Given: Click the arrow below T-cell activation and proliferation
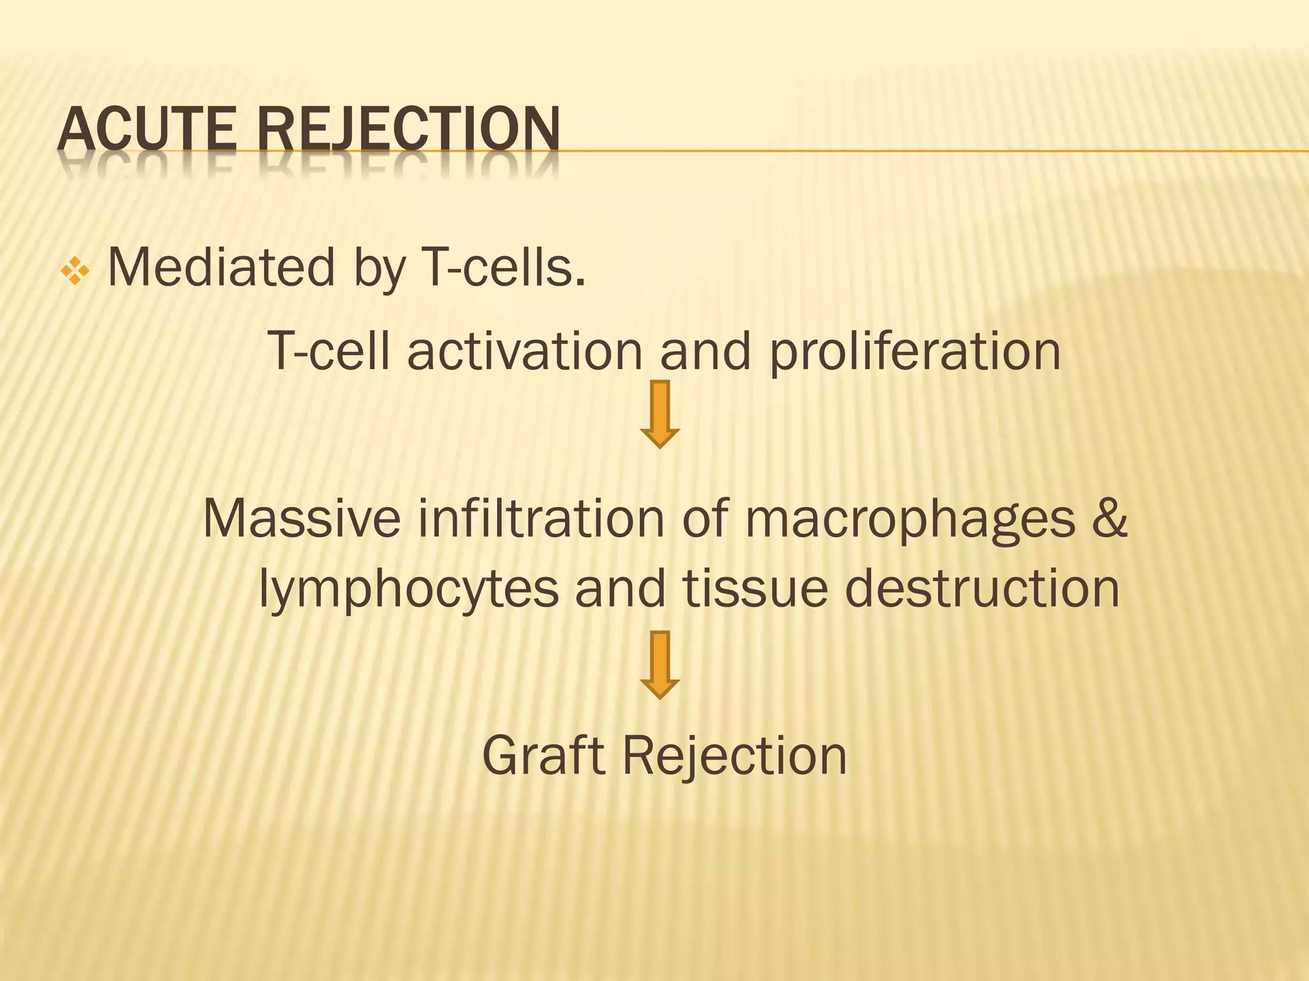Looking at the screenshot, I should (660, 414).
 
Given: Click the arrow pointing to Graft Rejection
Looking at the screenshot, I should (660, 664).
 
